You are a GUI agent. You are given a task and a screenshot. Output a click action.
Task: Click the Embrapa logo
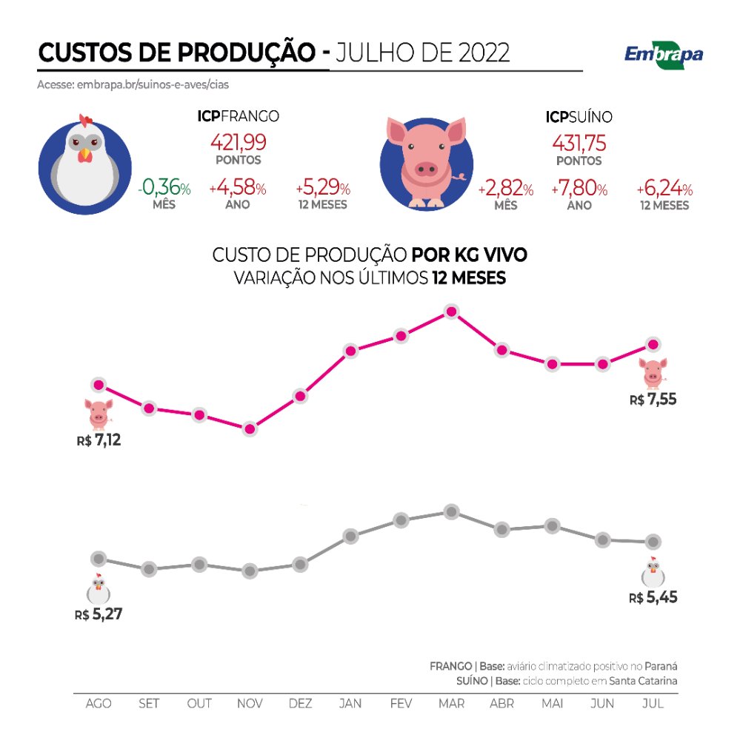(x=664, y=53)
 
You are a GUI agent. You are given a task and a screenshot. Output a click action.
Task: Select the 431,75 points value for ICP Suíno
(x=579, y=141)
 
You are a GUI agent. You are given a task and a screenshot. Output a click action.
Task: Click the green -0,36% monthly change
(x=164, y=189)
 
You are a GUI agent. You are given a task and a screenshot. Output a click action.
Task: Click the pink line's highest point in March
(x=450, y=312)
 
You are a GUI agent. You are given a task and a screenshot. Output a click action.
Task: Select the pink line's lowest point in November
(x=250, y=428)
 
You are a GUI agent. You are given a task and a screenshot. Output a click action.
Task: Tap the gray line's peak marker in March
(x=450, y=511)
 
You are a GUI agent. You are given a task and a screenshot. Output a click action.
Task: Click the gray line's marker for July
(x=653, y=541)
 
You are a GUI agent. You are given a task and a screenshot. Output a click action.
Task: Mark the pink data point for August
(x=98, y=384)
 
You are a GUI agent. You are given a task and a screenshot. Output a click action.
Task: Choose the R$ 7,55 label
(x=653, y=400)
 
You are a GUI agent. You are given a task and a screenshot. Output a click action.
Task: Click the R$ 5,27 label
(x=98, y=613)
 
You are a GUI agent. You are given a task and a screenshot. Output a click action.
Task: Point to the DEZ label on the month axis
(x=300, y=703)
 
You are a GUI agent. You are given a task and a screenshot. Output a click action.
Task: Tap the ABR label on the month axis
(x=502, y=703)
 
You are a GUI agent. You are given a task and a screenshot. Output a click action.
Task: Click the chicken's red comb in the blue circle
(x=86, y=120)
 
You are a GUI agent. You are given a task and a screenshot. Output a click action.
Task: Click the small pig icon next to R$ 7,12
(x=98, y=413)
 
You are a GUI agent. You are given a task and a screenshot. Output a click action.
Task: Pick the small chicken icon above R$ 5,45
(x=653, y=571)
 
